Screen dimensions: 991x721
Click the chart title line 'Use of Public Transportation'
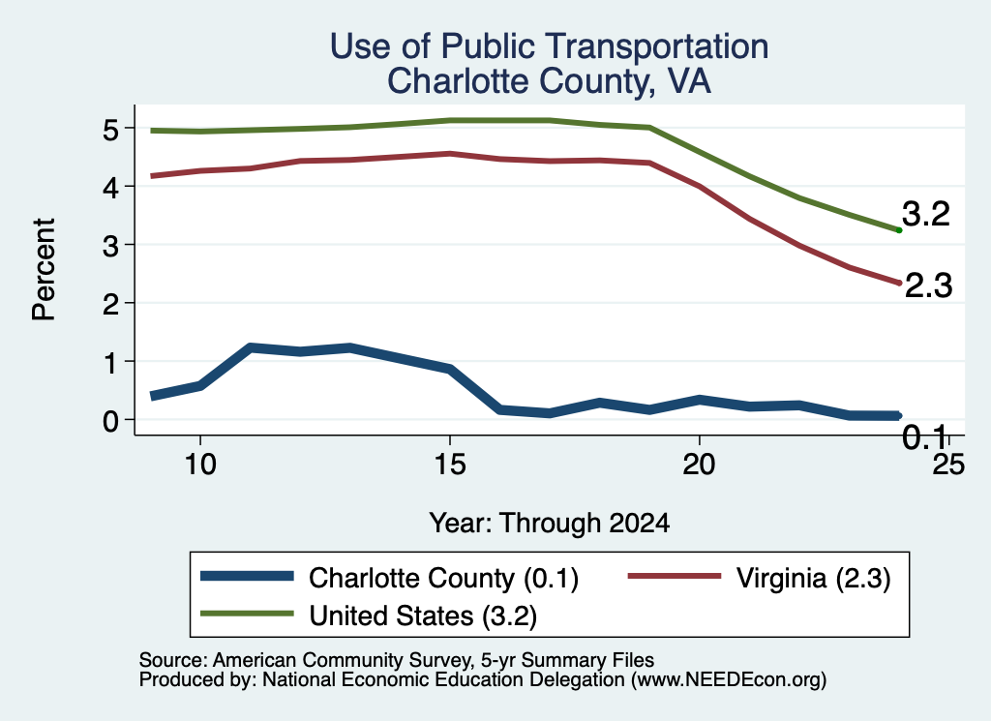pyautogui.click(x=550, y=46)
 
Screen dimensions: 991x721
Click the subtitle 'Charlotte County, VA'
pyautogui.click(x=550, y=81)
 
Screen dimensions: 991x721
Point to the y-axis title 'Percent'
pyautogui.click(x=44, y=270)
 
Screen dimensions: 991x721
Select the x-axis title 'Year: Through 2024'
pyautogui.click(x=550, y=524)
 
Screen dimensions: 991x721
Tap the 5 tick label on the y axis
pyautogui.click(x=110, y=130)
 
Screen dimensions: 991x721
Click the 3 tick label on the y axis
pyautogui.click(x=110, y=246)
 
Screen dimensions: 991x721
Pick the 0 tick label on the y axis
pyautogui.click(x=110, y=421)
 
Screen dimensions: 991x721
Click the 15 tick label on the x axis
pyautogui.click(x=450, y=466)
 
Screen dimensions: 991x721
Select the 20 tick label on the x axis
pyautogui.click(x=699, y=466)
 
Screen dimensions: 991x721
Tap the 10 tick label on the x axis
pyautogui.click(x=200, y=466)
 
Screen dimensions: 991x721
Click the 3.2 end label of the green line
pyautogui.click(x=926, y=214)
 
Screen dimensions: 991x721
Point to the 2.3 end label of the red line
pyautogui.click(x=928, y=285)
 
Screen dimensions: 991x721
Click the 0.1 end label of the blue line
pyautogui.click(x=924, y=436)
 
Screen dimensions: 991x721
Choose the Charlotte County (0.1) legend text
pyautogui.click(x=443, y=578)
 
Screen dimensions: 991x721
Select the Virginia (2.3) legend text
pyautogui.click(x=813, y=578)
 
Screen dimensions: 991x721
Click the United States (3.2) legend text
pyautogui.click(x=423, y=616)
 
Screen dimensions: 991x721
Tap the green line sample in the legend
pyautogui.click(x=247, y=614)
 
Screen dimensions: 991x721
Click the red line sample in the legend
pyautogui.click(x=675, y=576)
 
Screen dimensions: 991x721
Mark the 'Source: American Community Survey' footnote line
pyautogui.click(x=396, y=660)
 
